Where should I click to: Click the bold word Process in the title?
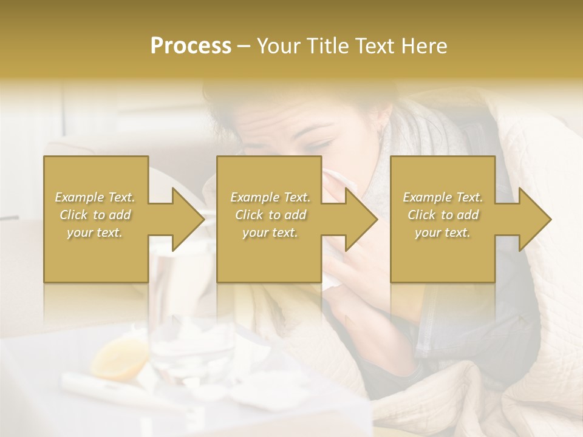[191, 46]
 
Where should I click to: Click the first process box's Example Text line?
[95, 197]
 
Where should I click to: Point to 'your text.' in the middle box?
[270, 232]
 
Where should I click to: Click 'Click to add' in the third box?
[443, 215]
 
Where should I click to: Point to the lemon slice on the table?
[121, 358]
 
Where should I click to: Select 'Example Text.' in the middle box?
[270, 197]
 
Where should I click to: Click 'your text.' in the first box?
[95, 232]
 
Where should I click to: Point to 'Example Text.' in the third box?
[443, 197]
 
